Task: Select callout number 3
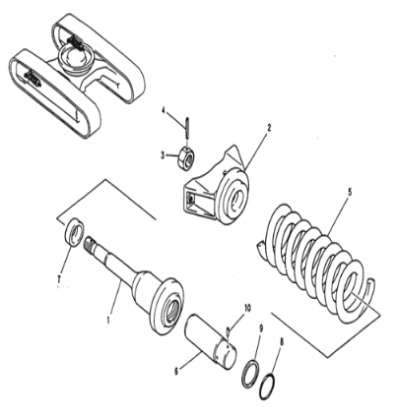(x=163, y=154)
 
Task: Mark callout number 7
(x=60, y=282)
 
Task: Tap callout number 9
(x=260, y=328)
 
